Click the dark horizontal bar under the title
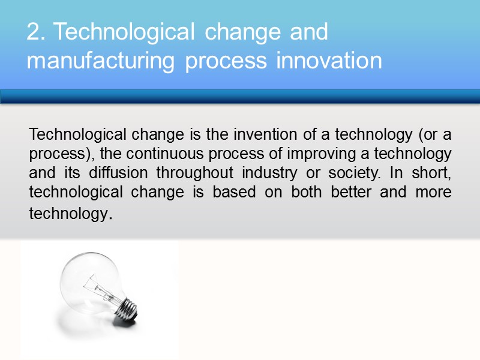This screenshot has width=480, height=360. pos(240,97)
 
